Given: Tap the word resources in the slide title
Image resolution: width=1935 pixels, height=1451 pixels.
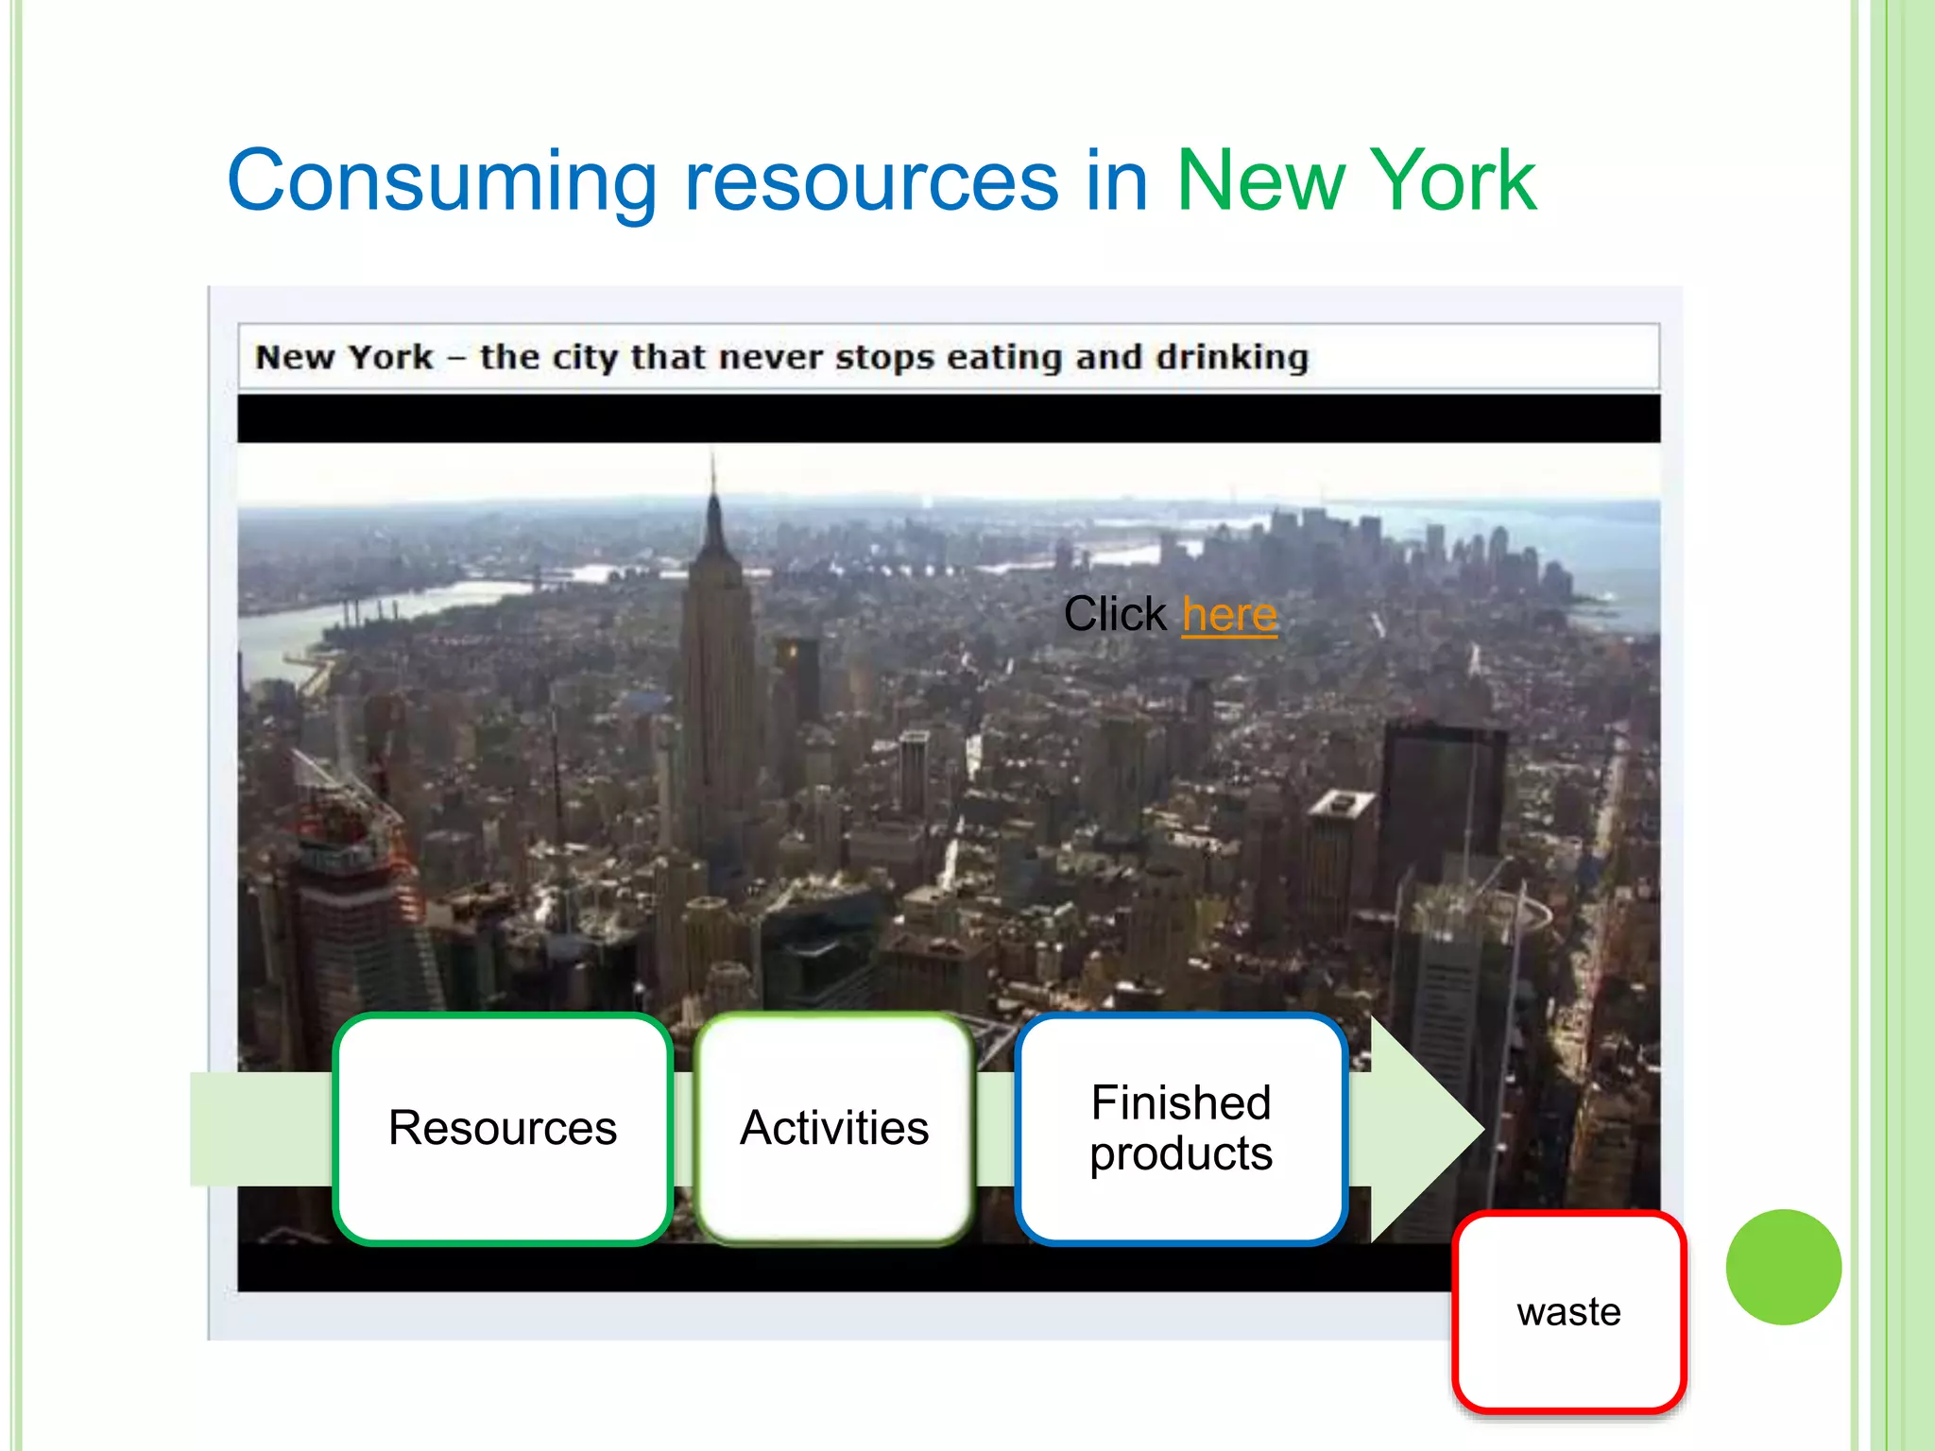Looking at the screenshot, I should coord(870,181).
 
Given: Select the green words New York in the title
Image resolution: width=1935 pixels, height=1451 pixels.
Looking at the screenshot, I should coord(1356,181).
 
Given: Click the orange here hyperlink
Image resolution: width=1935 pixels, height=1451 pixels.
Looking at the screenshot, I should coord(1229,615).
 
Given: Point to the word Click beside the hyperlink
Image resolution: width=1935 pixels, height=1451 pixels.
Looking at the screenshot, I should coord(1115,615).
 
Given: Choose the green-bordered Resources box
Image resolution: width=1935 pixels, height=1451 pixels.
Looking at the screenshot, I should coord(503,1128).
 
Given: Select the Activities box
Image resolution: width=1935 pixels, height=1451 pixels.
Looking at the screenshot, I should coord(834,1128).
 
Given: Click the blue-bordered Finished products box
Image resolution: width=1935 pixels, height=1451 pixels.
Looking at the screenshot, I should coord(1181,1128).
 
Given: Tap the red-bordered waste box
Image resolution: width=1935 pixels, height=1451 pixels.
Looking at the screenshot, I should coord(1569,1312).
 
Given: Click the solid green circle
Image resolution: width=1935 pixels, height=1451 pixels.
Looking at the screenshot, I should coord(1783,1267).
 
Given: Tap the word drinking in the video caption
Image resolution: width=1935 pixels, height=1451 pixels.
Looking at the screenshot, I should coord(1232,357).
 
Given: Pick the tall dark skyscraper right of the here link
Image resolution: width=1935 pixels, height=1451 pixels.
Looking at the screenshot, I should coord(1441,803).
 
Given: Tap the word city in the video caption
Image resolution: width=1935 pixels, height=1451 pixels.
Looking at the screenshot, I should coord(585,357).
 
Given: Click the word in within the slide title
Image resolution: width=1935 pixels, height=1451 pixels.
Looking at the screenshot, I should coord(1116,181).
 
